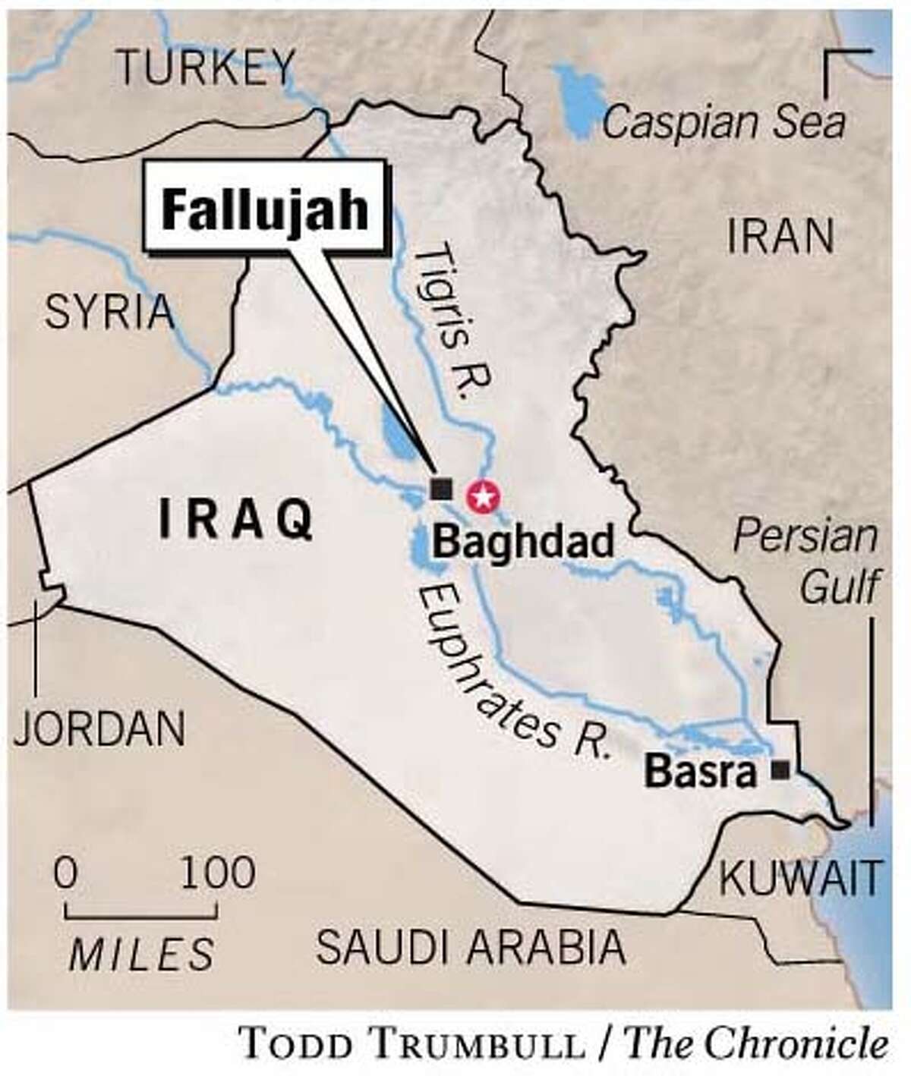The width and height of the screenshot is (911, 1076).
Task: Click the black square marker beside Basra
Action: (x=779, y=771)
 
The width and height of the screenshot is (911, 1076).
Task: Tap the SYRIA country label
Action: (x=109, y=312)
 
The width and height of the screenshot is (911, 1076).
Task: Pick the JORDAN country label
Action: (x=99, y=728)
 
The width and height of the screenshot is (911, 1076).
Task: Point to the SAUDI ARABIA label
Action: (x=471, y=946)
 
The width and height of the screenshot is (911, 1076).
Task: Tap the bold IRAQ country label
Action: (x=235, y=521)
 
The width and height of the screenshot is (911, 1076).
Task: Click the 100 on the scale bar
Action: (x=218, y=873)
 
